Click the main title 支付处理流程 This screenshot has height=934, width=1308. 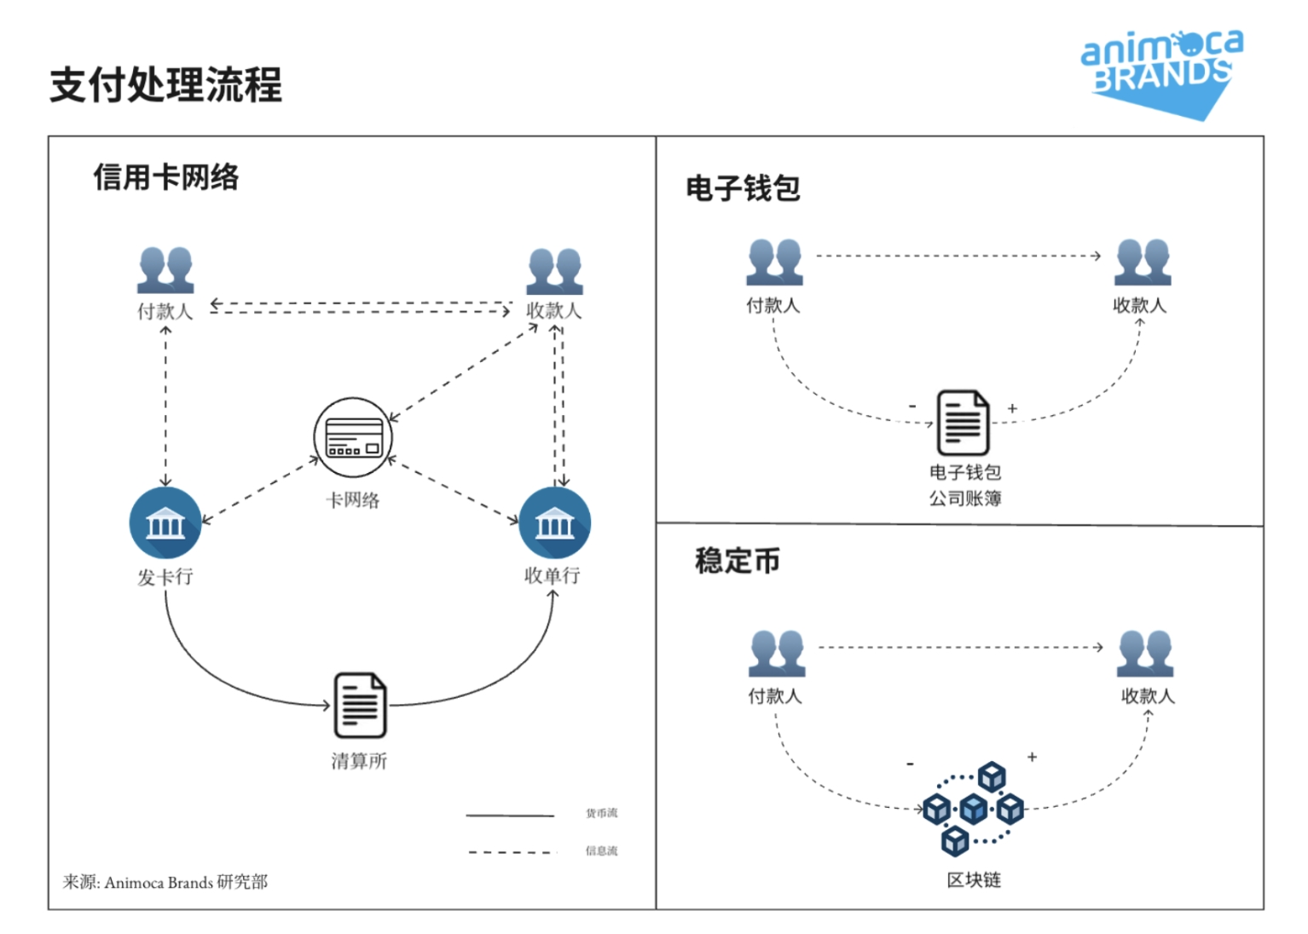coord(165,85)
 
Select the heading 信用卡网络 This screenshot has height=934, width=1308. coord(166,177)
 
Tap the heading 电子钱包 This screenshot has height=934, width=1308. coord(743,188)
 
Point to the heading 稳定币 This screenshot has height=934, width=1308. coord(738,561)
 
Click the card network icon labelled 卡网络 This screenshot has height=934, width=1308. coord(353,438)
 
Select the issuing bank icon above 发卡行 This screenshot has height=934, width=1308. coord(165,522)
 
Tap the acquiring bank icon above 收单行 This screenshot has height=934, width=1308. coord(554,522)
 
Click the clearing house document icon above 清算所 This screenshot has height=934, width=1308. coord(360,705)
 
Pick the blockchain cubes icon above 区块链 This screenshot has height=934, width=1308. coord(973,808)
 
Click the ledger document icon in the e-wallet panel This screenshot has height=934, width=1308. coord(963,423)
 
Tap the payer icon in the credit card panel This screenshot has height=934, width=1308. coord(165,269)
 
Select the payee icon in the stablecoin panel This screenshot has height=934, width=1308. coord(1145,654)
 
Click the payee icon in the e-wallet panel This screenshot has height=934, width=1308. coord(1143,262)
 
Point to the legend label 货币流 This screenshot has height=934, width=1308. coord(601,813)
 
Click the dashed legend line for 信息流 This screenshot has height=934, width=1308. coord(511,851)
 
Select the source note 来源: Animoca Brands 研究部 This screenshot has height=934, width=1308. coord(165,882)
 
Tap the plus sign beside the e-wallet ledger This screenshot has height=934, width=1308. coord(1012,409)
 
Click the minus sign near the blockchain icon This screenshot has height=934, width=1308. coord(910,764)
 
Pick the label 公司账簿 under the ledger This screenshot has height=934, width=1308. coord(965,499)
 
